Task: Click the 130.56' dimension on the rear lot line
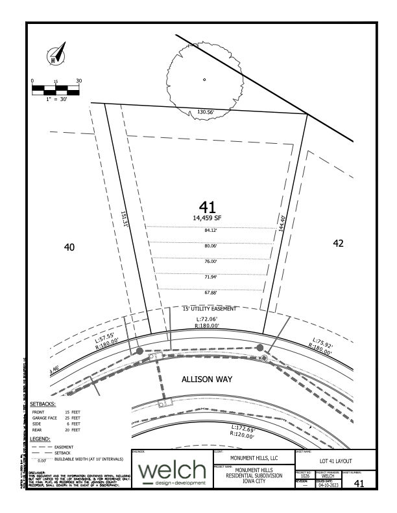(x=206, y=112)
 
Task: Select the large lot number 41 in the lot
(x=208, y=207)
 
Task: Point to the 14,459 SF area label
(x=208, y=218)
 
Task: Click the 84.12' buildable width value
(x=210, y=231)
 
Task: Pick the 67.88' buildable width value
(x=210, y=292)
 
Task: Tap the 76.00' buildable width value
(x=210, y=262)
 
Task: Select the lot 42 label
(x=336, y=244)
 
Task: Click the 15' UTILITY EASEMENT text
(x=210, y=309)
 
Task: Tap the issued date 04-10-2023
(x=328, y=483)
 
